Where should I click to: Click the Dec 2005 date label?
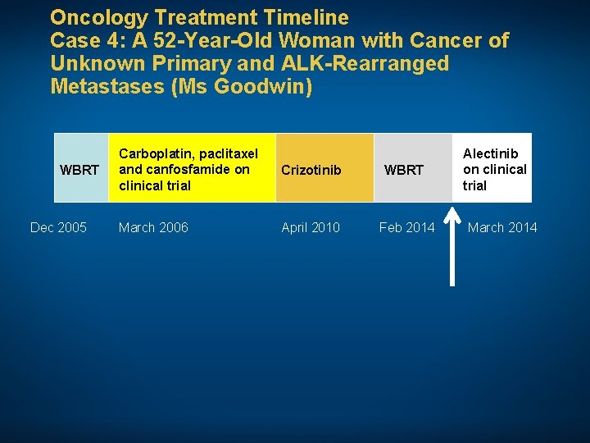tap(58, 227)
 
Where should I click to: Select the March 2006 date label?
tap(153, 227)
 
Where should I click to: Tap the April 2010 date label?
tap(311, 227)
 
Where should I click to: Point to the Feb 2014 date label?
tap(407, 227)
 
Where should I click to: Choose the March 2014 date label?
tap(502, 227)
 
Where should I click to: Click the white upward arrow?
tap(452, 246)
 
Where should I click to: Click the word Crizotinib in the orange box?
tap(311, 170)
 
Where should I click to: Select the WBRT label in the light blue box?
tap(80, 170)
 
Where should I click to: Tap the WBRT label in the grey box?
tap(404, 170)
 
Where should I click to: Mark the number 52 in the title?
tap(152, 40)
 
